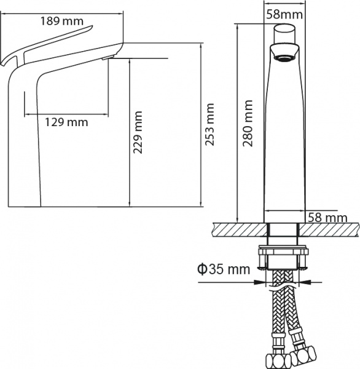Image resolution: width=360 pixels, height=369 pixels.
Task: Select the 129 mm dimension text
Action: (66, 122)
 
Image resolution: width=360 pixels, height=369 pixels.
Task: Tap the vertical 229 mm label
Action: (139, 132)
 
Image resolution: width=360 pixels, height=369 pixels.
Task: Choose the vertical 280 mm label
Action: (248, 123)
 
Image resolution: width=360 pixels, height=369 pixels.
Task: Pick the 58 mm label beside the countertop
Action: (327, 218)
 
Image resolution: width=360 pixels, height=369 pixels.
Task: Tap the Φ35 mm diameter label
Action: (223, 269)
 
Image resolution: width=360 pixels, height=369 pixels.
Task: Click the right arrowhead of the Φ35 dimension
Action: (305, 283)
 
